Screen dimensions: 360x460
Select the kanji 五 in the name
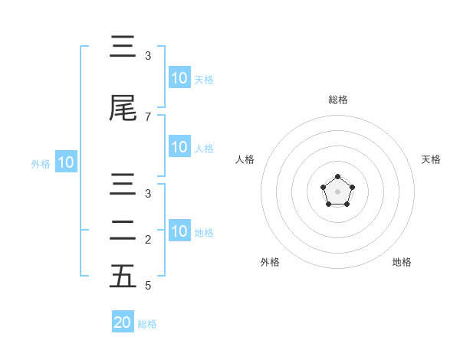(123, 277)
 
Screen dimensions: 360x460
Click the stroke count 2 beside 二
(148, 239)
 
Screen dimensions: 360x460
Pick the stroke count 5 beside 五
(148, 286)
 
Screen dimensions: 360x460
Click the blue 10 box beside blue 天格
(179, 78)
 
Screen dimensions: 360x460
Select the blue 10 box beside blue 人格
(179, 148)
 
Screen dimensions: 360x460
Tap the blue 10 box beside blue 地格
(179, 232)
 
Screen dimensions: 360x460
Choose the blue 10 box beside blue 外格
(65, 163)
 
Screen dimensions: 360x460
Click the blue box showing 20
(122, 322)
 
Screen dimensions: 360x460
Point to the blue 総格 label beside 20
(147, 324)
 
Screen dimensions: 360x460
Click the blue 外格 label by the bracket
(41, 164)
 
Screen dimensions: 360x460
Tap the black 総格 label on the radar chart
(337, 100)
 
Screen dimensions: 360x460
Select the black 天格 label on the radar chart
(431, 159)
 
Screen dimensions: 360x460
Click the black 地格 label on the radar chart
(402, 262)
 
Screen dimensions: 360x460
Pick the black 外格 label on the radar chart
(270, 262)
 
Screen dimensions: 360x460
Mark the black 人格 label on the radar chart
(245, 159)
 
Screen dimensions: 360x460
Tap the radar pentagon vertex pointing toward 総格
(337, 177)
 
